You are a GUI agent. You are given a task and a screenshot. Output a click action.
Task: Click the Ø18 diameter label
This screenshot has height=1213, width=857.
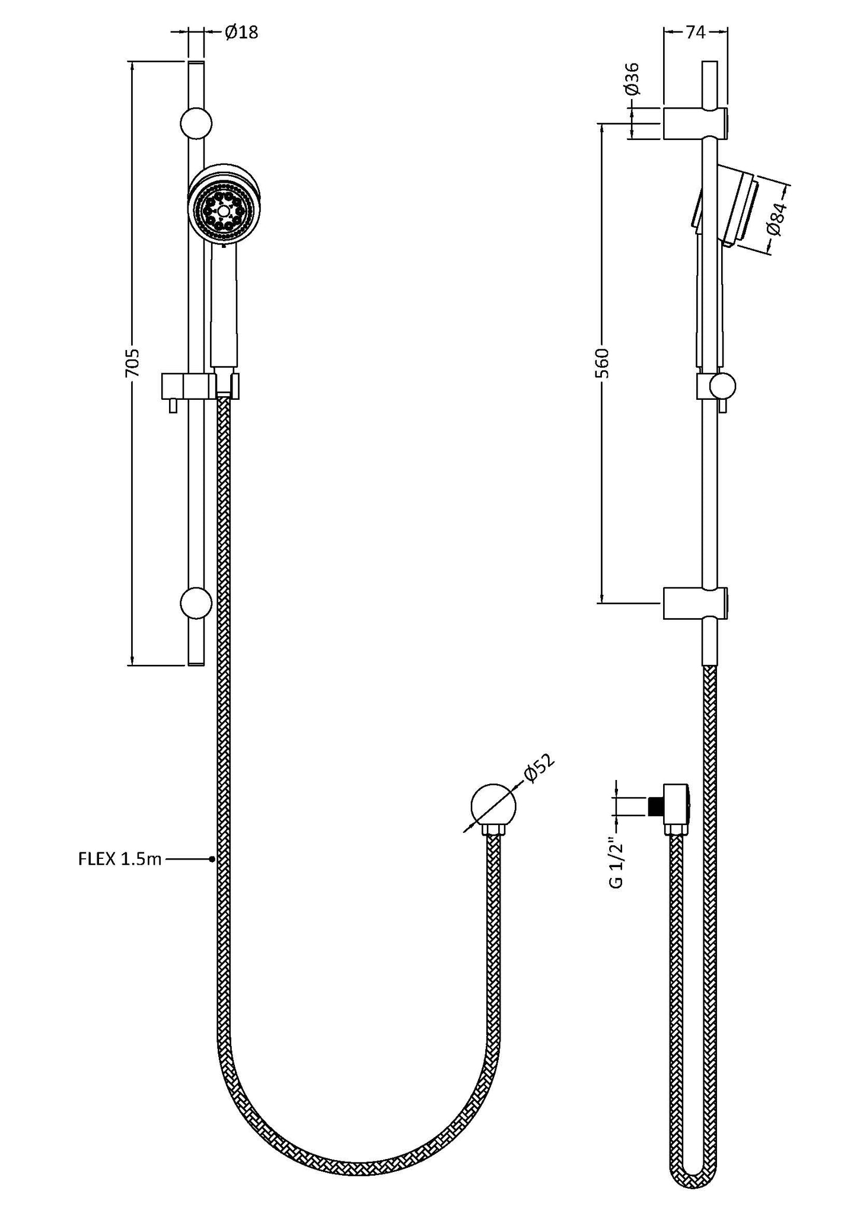tap(241, 33)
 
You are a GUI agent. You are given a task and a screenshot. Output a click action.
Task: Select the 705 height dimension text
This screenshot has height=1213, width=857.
tap(132, 362)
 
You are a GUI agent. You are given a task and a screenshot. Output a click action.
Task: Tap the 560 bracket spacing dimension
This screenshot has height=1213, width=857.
tap(603, 363)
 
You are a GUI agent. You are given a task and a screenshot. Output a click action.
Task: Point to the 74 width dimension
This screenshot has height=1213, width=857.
tap(695, 33)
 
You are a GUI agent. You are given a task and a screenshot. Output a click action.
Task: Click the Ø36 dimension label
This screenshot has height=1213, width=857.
tap(632, 78)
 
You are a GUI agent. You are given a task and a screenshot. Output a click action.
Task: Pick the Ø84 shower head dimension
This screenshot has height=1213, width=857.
tap(776, 219)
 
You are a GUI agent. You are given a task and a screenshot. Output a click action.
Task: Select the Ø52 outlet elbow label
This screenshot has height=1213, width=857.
tap(538, 769)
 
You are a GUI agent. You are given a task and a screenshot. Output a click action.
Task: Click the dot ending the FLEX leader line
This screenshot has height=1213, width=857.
tap(212, 858)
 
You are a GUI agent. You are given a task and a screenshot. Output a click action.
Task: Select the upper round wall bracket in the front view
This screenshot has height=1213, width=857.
tap(196, 124)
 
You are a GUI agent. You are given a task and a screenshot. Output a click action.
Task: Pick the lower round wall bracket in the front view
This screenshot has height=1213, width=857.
tap(196, 604)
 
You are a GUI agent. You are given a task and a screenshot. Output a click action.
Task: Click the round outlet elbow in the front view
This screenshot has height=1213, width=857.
tap(493, 806)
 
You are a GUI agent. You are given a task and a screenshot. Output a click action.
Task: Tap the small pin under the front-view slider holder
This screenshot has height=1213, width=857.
tap(173, 405)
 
